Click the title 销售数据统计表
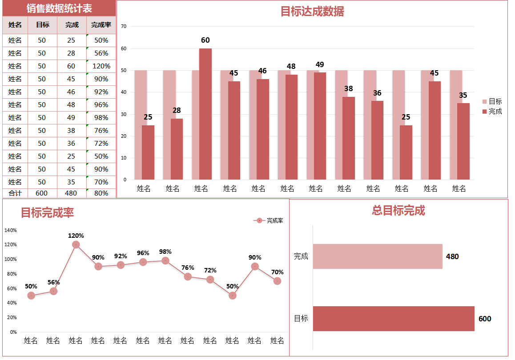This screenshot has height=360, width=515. (x=59, y=8)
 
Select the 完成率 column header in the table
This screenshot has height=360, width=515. (x=101, y=25)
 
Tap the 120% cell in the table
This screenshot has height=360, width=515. (x=101, y=66)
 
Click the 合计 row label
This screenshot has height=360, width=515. (x=15, y=193)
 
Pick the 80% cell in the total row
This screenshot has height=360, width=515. (x=101, y=193)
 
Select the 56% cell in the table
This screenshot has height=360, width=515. (x=101, y=53)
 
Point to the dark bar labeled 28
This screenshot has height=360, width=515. (x=177, y=149)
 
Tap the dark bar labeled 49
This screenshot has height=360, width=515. (x=320, y=126)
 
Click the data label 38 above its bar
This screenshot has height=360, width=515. (x=348, y=89)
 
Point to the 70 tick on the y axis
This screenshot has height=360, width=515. (x=124, y=27)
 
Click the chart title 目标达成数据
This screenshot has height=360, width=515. (x=312, y=12)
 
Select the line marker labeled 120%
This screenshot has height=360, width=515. (x=76, y=245)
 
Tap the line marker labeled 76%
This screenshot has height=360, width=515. (x=188, y=276)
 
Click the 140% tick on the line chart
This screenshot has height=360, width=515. (x=11, y=230)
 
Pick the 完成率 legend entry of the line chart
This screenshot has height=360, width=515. (x=269, y=220)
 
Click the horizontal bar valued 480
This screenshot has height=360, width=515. (x=378, y=256)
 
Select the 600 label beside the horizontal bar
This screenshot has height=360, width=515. (x=485, y=319)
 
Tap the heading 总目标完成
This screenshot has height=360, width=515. (x=398, y=211)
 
